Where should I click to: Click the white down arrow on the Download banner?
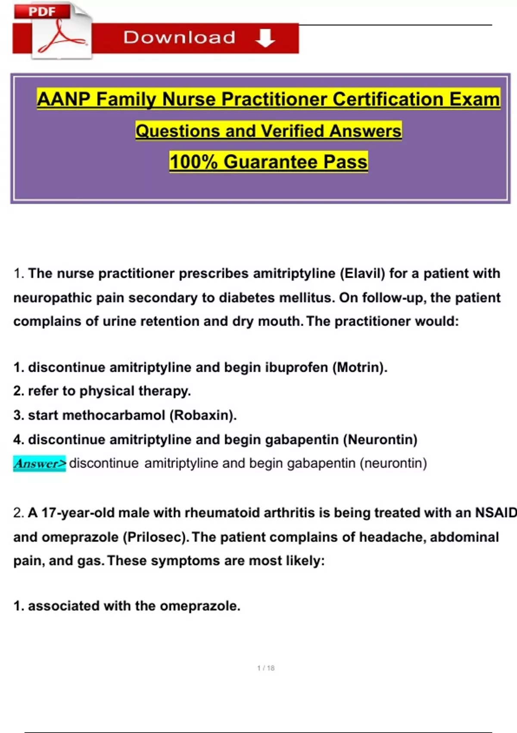(x=265, y=38)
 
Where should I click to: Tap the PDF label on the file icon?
(x=42, y=12)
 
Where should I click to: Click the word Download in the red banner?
(x=179, y=38)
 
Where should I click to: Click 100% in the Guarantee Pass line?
(x=193, y=162)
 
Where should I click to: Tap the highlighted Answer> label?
(x=40, y=464)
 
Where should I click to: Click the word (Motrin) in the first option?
(x=360, y=367)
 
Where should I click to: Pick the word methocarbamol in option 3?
(x=114, y=415)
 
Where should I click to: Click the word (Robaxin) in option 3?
(x=203, y=415)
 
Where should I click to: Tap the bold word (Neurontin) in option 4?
(x=380, y=439)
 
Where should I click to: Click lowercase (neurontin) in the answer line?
(x=393, y=464)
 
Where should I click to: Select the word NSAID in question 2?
(x=495, y=513)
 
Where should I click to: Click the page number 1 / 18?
(x=266, y=668)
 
